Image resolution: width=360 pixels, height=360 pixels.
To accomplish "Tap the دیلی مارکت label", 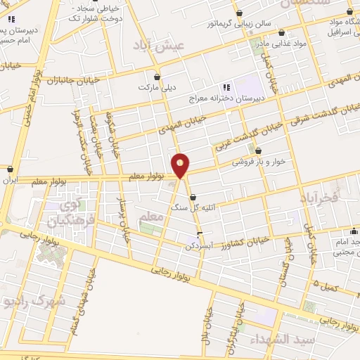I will click(x=157, y=89).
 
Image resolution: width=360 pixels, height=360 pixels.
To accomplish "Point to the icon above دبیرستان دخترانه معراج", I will click(x=226, y=86).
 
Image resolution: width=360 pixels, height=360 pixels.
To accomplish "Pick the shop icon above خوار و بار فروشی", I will click(x=259, y=150).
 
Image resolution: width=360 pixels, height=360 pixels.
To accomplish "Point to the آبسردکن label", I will click(x=199, y=246).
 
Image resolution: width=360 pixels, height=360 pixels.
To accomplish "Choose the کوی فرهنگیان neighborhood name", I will click(x=63, y=215).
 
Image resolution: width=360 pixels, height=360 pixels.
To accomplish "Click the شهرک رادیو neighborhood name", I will click(x=33, y=300).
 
